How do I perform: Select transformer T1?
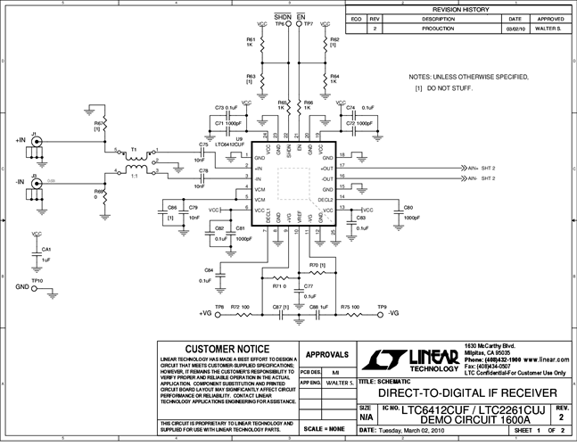135,160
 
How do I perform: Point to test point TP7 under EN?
300,25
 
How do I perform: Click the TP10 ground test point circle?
37,286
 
